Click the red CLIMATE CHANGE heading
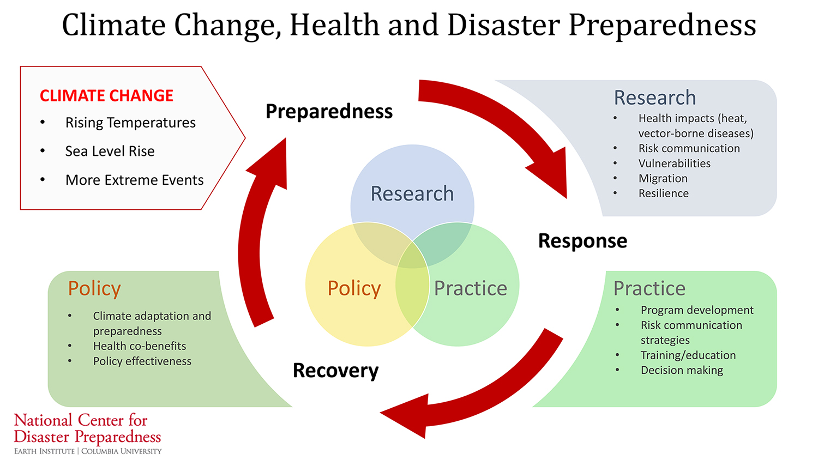tap(106, 95)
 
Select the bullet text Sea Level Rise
tap(110, 151)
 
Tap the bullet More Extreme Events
tap(134, 180)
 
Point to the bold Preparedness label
tap(329, 112)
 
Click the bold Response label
tap(583, 241)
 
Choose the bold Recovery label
tap(335, 371)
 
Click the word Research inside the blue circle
tap(412, 193)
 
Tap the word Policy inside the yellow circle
tap(354, 289)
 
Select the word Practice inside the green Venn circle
tap(471, 288)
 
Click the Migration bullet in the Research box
tap(663, 179)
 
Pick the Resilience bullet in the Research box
tap(664, 193)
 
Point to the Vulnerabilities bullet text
tap(675, 164)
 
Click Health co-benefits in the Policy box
tap(140, 346)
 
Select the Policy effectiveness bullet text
tap(142, 361)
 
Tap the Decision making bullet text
tap(682, 370)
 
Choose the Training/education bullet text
tap(688, 355)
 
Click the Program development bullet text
tap(697, 310)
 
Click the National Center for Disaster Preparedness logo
tap(88, 434)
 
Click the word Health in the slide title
tap(335, 25)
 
